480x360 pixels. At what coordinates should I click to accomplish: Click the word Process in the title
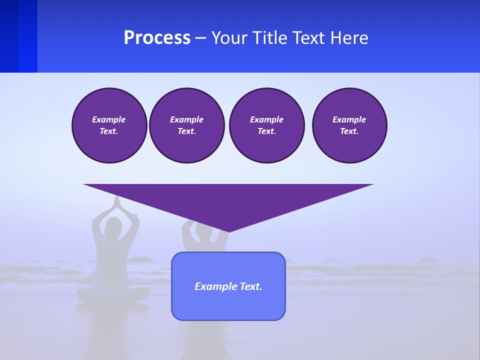pos(157,38)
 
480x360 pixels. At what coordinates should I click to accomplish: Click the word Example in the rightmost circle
pos(349,119)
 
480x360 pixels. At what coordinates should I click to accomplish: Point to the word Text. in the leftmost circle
pos(109,131)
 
